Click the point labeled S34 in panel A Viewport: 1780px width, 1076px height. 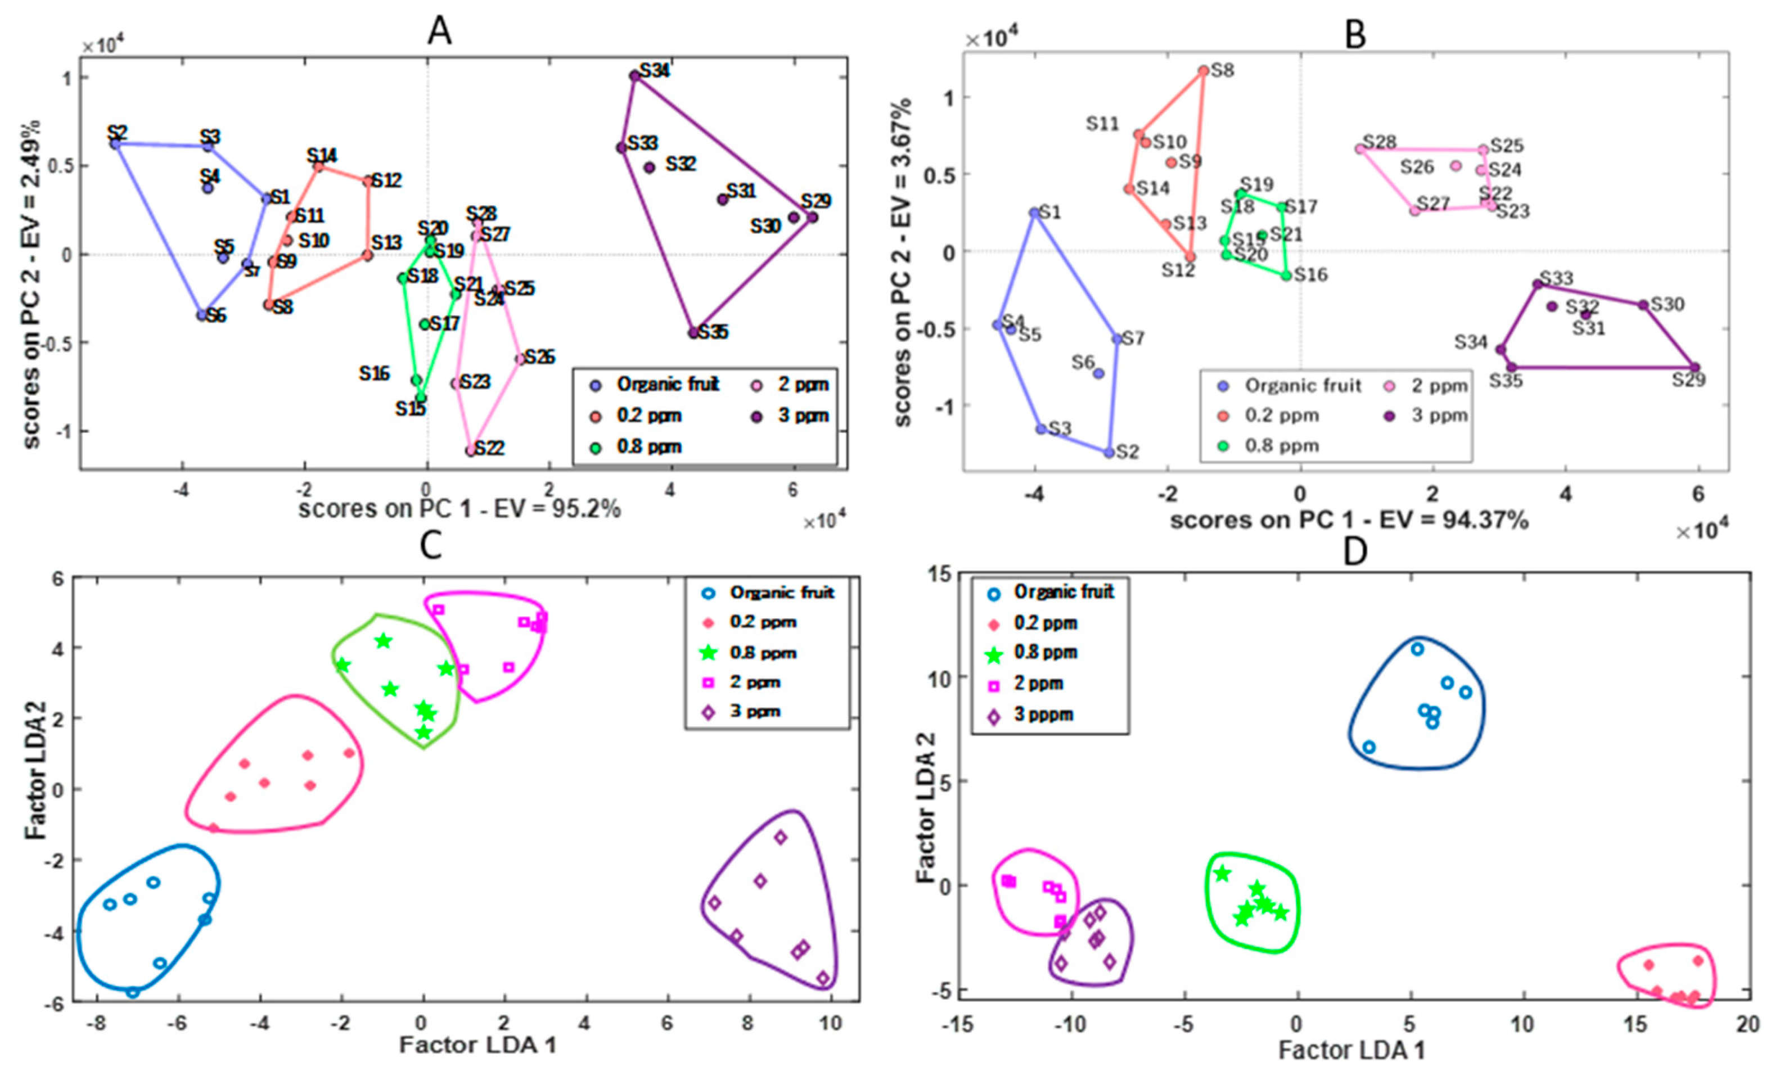tap(635, 76)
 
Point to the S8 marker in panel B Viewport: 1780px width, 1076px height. tap(1204, 71)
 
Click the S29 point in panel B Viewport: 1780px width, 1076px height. tap(1695, 368)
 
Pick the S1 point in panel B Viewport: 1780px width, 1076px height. tap(1034, 213)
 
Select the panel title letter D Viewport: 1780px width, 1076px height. tap(1354, 551)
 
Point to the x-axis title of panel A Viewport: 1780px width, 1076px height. tap(459, 509)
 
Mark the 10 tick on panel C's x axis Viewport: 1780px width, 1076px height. tap(831, 1023)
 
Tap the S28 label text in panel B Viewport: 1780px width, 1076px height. tap(1380, 142)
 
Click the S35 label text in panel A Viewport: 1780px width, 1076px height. tap(713, 332)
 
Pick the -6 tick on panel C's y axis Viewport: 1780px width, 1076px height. tap(56, 1002)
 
